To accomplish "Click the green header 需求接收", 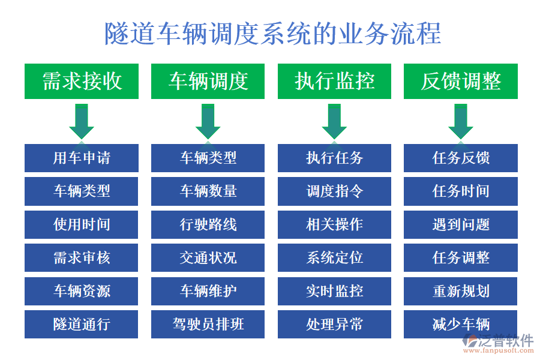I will tap(82, 81).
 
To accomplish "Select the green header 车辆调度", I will tap(208, 81).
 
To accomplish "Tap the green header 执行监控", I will tap(334, 81).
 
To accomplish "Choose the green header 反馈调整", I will tap(461, 81).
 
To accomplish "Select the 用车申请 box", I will tap(82, 158).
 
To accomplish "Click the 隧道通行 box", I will tap(82, 325).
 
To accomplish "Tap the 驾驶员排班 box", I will tap(208, 325).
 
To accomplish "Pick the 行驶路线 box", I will tap(208, 224).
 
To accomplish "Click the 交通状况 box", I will tap(208, 258).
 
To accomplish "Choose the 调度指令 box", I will tap(334, 191).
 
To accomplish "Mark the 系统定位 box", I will tap(334, 258).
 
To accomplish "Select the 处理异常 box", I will tap(334, 325).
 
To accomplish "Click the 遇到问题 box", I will tap(461, 224).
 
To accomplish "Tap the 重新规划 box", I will tap(461, 291).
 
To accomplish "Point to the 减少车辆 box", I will tap(461, 325).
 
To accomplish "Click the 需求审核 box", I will tap(82, 258).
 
